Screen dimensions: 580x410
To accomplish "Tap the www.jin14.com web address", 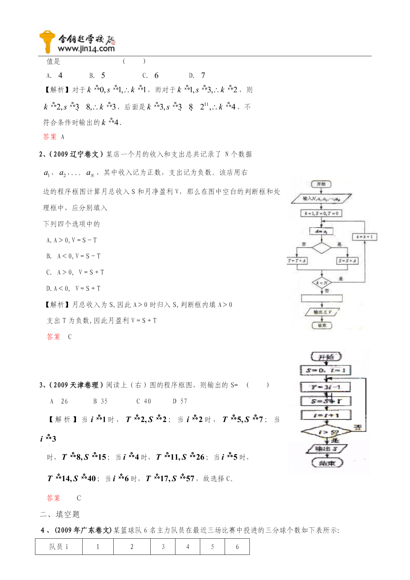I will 86,49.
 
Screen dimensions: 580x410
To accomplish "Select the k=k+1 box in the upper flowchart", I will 364,237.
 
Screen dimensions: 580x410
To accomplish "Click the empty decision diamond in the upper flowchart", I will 321,248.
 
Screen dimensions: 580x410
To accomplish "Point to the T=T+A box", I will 297,261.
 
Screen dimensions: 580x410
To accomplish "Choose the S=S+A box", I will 347,261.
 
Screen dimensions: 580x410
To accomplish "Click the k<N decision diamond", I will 322,283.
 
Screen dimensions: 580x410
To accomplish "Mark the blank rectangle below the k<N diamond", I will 322,299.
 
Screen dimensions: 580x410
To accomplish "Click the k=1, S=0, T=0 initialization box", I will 321,213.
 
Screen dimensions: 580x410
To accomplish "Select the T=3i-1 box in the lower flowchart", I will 325,387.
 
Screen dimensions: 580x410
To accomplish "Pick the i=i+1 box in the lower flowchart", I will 326,415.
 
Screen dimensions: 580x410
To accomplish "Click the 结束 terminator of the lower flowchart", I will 327,463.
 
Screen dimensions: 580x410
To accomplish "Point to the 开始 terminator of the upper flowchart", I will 321,184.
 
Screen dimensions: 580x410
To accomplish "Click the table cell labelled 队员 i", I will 59,547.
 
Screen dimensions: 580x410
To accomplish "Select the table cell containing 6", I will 237,547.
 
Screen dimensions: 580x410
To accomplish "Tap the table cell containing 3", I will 163,547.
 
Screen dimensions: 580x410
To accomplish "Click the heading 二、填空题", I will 60,514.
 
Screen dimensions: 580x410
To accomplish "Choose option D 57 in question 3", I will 180,401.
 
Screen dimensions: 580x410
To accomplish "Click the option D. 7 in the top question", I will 197,75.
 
